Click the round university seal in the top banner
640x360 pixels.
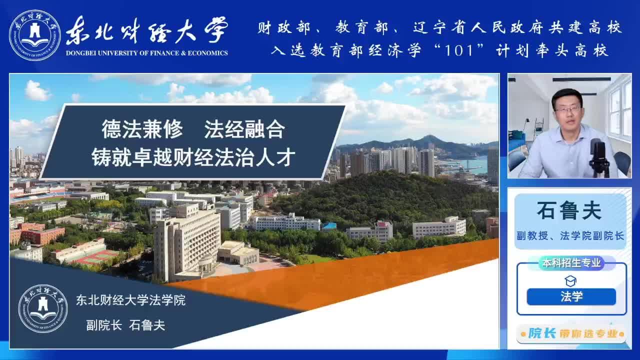(x=35, y=35)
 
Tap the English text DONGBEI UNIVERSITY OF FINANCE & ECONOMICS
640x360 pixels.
(x=147, y=53)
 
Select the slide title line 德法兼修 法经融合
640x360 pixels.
(x=193, y=129)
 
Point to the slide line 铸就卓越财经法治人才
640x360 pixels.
(x=193, y=157)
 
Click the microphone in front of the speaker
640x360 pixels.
(x=598, y=157)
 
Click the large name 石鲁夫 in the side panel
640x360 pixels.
(x=569, y=210)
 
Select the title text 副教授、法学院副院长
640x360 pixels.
(x=570, y=235)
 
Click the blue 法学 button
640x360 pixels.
(x=571, y=296)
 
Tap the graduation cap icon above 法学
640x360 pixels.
(x=570, y=281)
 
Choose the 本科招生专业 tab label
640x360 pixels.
(x=571, y=263)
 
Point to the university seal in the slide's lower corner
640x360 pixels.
(x=43, y=308)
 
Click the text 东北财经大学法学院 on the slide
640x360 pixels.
(x=130, y=300)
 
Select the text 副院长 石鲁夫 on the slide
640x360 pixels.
(x=125, y=325)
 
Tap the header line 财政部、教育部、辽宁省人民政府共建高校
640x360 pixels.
(x=439, y=27)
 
